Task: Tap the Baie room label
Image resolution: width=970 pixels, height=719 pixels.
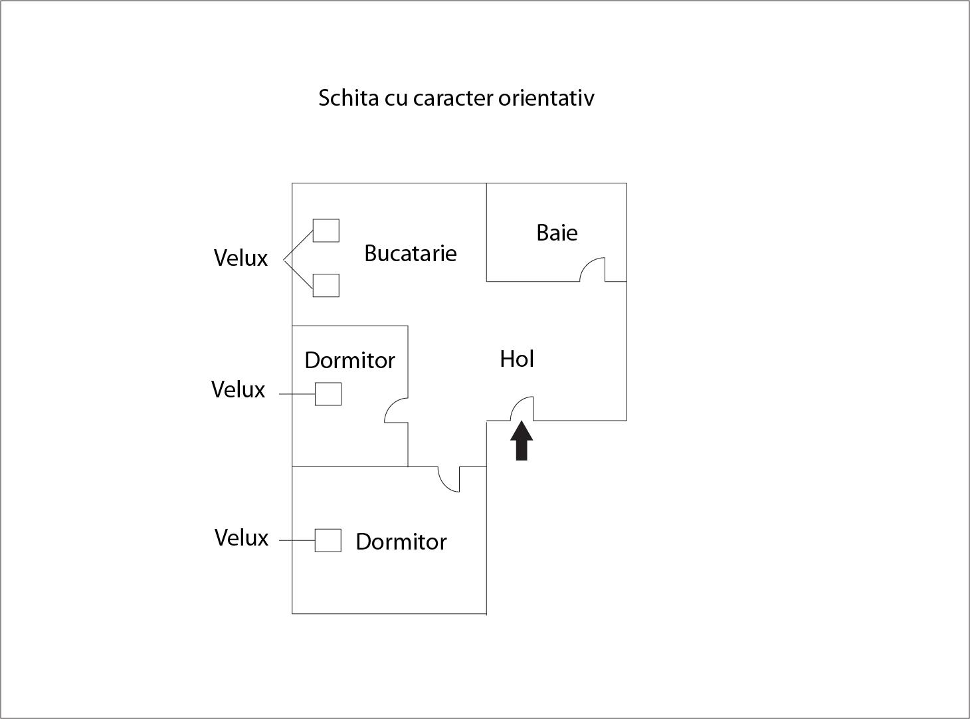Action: click(x=557, y=233)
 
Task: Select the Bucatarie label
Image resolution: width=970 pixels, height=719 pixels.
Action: click(x=411, y=253)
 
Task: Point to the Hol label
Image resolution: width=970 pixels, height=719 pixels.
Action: click(x=517, y=359)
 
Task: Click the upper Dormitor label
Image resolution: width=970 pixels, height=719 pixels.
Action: click(x=349, y=360)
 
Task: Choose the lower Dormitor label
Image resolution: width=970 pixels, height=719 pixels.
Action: click(x=401, y=542)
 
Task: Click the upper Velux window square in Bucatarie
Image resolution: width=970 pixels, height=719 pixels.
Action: click(x=326, y=231)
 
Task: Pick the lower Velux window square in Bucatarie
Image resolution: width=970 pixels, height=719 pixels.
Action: click(x=326, y=285)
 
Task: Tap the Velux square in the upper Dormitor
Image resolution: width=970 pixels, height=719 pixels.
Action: click(x=328, y=394)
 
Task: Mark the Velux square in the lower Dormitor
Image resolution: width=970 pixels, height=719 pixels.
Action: click(x=328, y=540)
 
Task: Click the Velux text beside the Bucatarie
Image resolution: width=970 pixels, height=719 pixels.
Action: click(x=241, y=258)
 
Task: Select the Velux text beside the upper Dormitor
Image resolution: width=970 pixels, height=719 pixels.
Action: click(x=238, y=389)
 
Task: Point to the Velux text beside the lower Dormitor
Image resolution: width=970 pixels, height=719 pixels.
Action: click(x=241, y=538)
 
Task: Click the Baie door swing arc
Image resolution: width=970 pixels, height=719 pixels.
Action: click(x=592, y=269)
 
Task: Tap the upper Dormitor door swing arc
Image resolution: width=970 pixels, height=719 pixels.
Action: click(x=396, y=410)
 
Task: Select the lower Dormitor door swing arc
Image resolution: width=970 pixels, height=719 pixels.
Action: click(x=448, y=479)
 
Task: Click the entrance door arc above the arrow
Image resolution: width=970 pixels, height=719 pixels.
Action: click(x=522, y=408)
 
